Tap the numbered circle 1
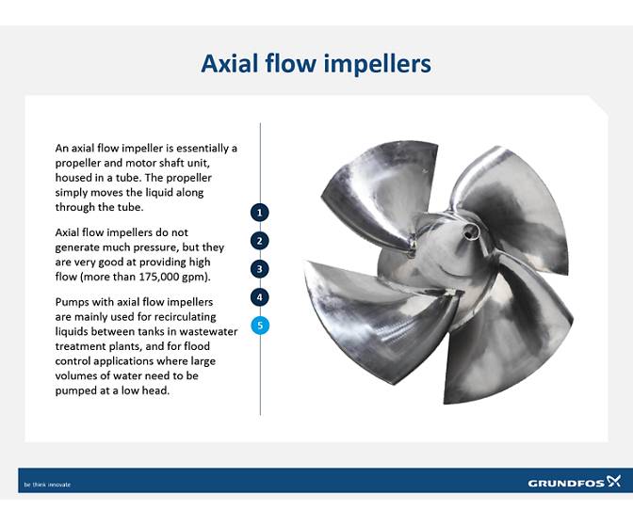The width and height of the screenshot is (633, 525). click(260, 213)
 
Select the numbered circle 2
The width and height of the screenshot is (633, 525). click(260, 241)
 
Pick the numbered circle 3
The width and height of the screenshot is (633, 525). click(260, 269)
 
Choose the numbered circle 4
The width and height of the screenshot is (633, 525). click(260, 297)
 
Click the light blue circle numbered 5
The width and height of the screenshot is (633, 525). click(260, 326)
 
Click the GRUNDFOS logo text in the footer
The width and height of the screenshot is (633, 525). click(562, 484)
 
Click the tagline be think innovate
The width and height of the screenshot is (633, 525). click(47, 485)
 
